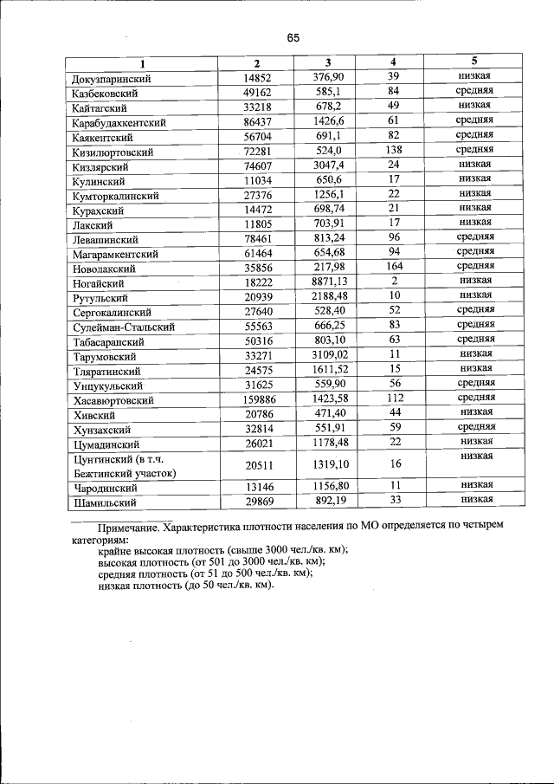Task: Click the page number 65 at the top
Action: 293,38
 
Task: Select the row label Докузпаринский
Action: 113,79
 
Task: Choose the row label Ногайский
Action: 100,283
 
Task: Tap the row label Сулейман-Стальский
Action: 125,327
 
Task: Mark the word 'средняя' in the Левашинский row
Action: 475,236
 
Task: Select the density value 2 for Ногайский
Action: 393,282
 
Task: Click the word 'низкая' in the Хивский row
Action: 475,412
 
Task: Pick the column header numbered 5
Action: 474,62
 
